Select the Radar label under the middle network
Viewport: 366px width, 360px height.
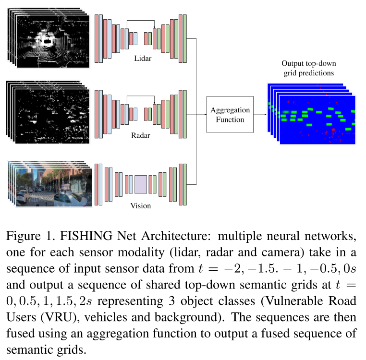(141, 135)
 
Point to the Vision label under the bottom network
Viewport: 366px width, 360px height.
(141, 206)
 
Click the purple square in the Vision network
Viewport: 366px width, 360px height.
(141, 184)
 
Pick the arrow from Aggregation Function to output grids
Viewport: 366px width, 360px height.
(260, 114)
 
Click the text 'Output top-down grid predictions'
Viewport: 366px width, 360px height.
(308, 69)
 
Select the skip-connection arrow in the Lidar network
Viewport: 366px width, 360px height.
(140, 21)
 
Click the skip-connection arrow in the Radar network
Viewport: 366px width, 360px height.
(140, 96)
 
